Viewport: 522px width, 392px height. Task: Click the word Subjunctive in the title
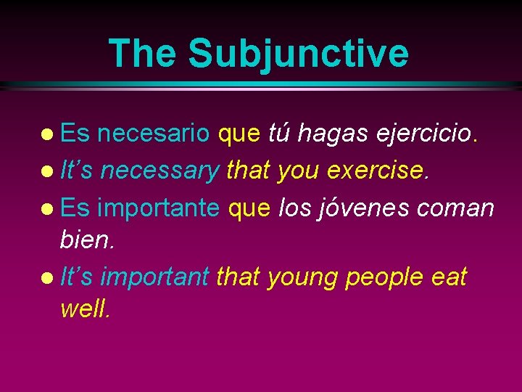[x=297, y=53]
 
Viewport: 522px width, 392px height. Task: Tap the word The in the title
[x=141, y=53]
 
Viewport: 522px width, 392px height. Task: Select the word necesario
[x=154, y=134]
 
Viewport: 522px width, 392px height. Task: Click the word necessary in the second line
[x=159, y=171]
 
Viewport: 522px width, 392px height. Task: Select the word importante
[x=158, y=208]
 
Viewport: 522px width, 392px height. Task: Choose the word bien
[x=88, y=239]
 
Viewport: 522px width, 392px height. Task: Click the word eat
[x=449, y=276]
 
